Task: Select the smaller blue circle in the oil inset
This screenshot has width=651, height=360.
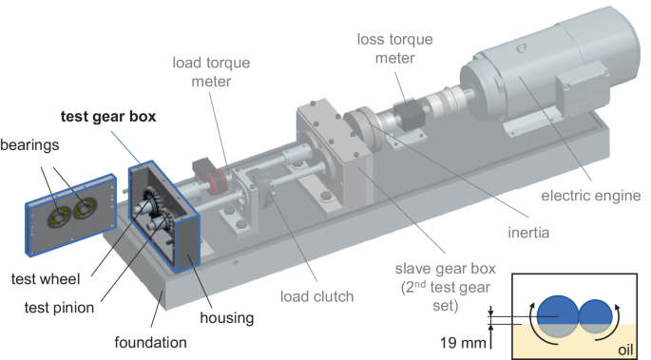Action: [597, 317]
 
